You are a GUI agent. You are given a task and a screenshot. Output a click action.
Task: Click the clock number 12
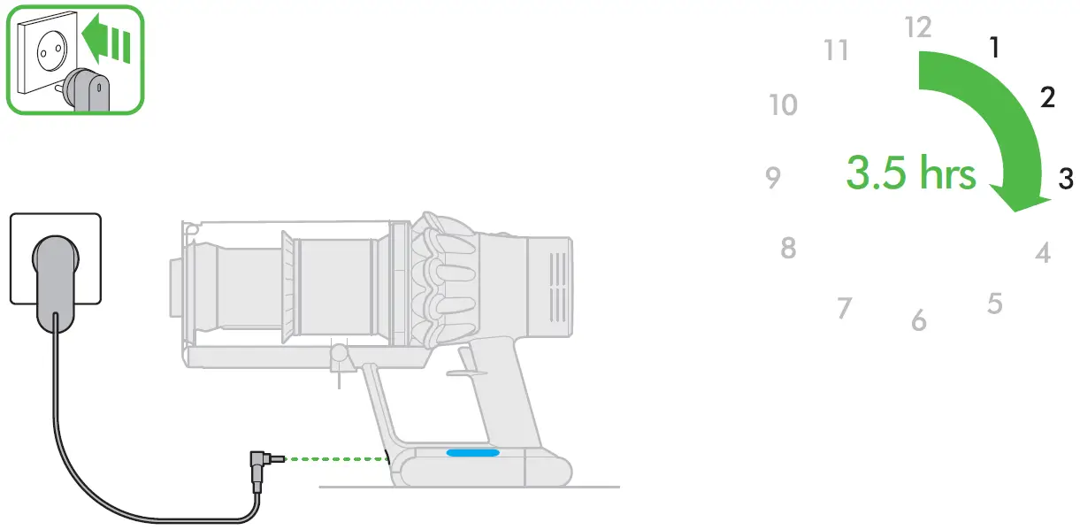click(x=918, y=27)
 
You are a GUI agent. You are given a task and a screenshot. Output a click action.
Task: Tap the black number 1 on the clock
click(x=994, y=47)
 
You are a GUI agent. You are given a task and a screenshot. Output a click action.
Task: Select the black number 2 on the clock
click(x=1047, y=97)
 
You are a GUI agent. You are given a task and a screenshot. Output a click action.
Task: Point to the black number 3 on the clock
click(x=1066, y=179)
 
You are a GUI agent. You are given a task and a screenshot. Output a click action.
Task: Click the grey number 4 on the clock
click(x=1043, y=253)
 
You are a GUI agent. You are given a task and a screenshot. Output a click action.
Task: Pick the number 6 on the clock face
click(x=919, y=320)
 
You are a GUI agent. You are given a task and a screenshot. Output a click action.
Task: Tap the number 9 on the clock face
click(x=773, y=178)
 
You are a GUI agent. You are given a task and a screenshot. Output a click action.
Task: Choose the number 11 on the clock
click(x=836, y=50)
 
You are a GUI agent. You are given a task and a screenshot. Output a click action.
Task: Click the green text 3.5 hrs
click(x=911, y=173)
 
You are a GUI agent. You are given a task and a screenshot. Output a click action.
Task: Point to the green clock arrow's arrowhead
click(x=1020, y=197)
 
